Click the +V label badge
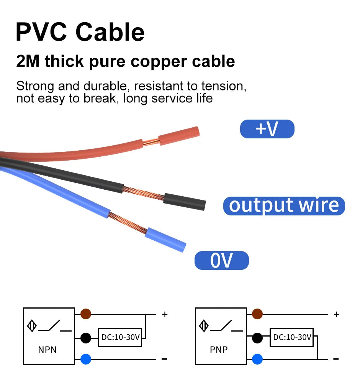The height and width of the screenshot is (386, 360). coord(267,129)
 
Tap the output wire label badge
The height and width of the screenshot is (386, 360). coord(284,206)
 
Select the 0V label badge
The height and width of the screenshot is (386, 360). coord(222,260)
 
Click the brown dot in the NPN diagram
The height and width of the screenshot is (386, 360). coord(86,314)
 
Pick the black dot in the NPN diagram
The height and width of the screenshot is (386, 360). coord(86,338)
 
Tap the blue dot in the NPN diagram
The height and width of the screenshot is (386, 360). coord(86,359)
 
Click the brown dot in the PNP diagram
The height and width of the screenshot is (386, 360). coord(257,314)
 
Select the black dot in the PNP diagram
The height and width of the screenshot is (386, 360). coord(257,338)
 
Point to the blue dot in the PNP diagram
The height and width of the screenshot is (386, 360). coord(257,359)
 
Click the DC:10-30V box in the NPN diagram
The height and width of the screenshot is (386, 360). coord(120,337)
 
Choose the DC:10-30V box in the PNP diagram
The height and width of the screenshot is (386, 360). coord(292,337)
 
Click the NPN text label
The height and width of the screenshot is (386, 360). coord(47,350)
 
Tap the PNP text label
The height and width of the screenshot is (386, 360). coord(219,350)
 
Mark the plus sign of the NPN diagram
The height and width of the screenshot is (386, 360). coord(165,314)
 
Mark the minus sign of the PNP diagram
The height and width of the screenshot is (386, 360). coord(336,359)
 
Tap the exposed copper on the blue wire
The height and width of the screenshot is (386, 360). coord(128,223)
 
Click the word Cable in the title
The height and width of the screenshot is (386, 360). coord(110,32)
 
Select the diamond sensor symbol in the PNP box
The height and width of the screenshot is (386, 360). coord(204,326)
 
